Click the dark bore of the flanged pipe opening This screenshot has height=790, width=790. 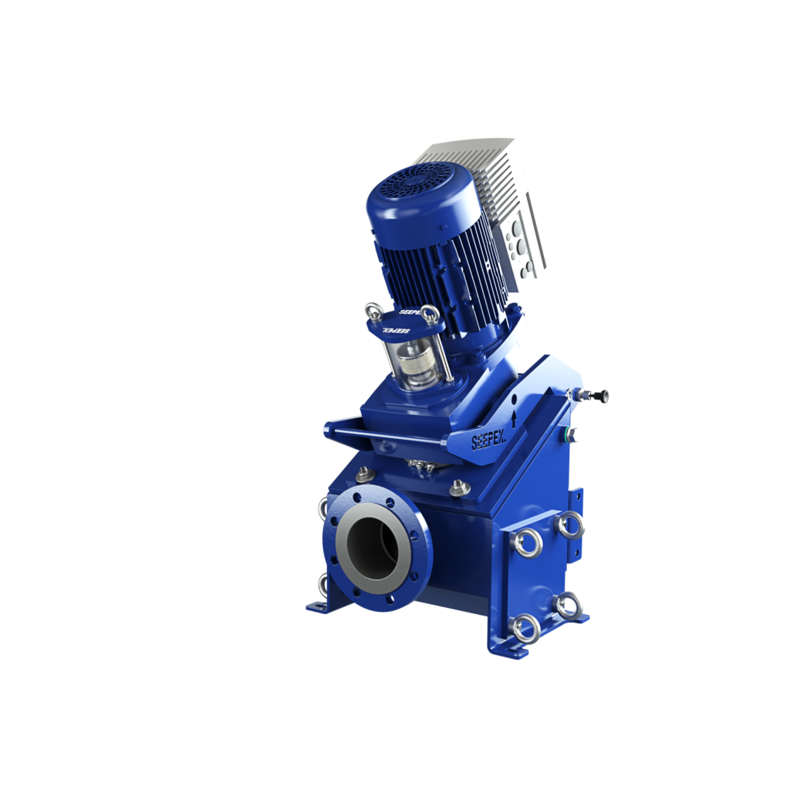pyautogui.click(x=373, y=545)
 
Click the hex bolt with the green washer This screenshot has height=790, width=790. pyautogui.click(x=572, y=434)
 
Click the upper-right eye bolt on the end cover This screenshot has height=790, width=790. pyautogui.click(x=572, y=525)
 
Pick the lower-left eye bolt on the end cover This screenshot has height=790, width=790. pyautogui.click(x=526, y=628)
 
